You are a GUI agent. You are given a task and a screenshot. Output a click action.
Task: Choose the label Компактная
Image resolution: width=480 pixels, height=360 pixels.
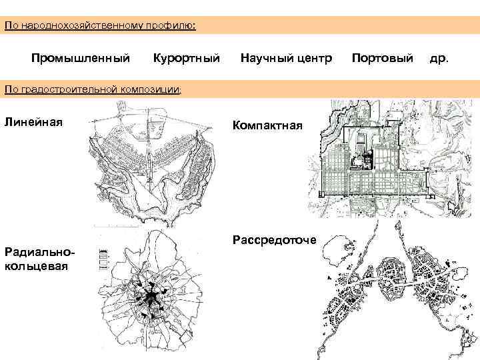tap(267, 125)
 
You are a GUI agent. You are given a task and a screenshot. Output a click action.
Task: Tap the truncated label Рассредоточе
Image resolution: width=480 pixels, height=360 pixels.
tap(274, 239)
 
